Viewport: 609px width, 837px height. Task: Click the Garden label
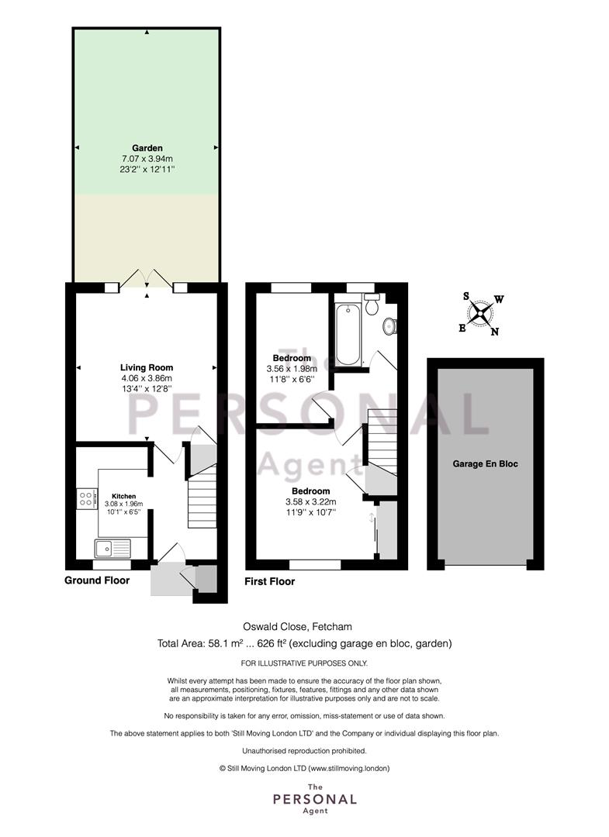point(147,148)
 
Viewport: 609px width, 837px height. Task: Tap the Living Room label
point(147,367)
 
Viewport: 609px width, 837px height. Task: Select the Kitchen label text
point(123,496)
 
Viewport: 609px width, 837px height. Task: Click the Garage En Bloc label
point(485,464)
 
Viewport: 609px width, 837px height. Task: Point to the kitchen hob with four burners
point(87,498)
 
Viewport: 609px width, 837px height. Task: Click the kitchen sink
point(112,548)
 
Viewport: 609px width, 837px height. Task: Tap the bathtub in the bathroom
point(348,334)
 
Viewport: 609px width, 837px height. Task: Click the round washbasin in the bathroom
point(390,325)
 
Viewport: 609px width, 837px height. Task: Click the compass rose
point(480,313)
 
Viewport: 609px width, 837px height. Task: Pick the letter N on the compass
point(495,332)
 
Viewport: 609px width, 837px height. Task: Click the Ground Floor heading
point(97,580)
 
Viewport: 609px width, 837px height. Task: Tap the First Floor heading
point(270,581)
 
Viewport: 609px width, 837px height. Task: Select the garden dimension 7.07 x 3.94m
point(147,159)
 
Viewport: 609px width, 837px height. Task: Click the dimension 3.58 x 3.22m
point(311,501)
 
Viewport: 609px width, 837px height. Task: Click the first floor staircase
point(382,442)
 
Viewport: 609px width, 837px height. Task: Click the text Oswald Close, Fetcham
point(298,626)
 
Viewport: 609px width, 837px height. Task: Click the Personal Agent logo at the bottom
point(315,798)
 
